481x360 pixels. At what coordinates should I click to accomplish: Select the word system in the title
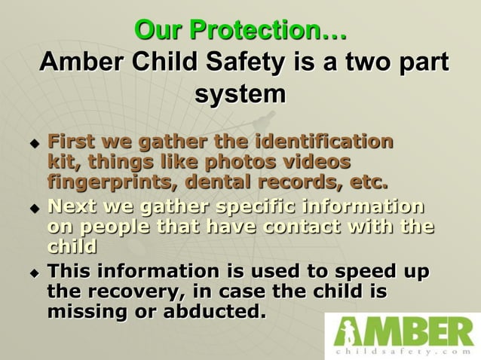240,96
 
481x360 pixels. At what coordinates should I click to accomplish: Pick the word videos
316,161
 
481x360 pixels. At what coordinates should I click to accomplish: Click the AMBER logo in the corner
403,331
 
